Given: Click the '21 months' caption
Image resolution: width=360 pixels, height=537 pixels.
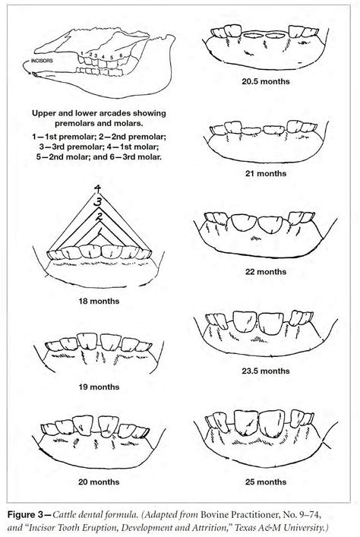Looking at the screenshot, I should tap(265, 173).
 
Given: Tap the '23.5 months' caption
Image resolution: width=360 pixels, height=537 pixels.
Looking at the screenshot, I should tap(265, 371).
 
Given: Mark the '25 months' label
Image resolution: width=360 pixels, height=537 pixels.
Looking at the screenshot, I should tap(265, 481).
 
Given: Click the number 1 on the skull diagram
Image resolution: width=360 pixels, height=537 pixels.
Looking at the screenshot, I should tap(84, 54).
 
